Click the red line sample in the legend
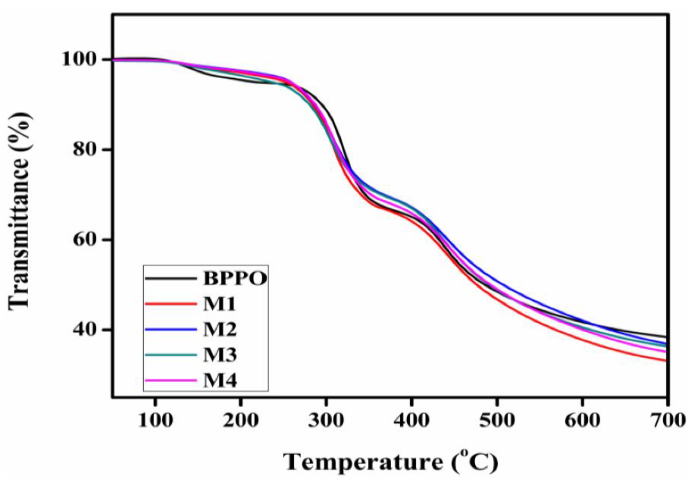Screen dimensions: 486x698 (x=170, y=304)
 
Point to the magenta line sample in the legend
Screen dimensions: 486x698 (x=170, y=380)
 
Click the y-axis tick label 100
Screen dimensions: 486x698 (x=81, y=59)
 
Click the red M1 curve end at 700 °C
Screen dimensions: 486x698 (x=665, y=360)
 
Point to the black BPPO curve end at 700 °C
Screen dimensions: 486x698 (x=665, y=337)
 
